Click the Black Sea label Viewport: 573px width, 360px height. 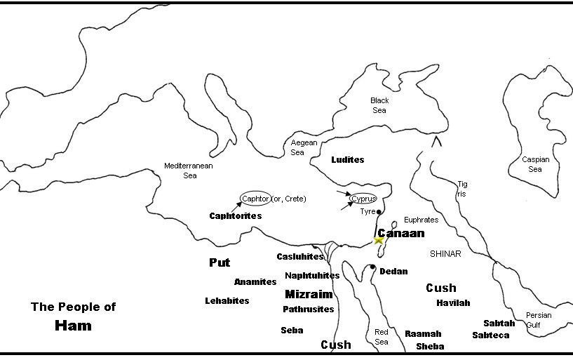click(379, 105)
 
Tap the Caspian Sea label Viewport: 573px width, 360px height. click(535, 164)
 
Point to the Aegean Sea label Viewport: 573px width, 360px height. click(298, 147)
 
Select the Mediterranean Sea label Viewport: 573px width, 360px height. click(189, 171)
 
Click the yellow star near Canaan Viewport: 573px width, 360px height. click(379, 240)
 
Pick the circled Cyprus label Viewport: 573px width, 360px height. click(363, 199)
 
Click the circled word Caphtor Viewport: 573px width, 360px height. click(255, 199)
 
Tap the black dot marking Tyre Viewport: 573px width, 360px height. click(379, 211)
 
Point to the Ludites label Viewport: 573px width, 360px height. click(348, 160)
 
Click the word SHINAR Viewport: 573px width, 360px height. click(446, 254)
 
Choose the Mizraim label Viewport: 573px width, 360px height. click(309, 295)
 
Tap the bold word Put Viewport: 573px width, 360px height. click(220, 262)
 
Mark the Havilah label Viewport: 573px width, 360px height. click(453, 303)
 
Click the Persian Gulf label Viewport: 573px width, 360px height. click(539, 320)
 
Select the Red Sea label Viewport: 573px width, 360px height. click(382, 337)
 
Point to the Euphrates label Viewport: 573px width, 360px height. click(422, 220)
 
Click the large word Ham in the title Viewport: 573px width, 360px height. click(74, 326)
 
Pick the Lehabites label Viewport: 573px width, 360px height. click(227, 300)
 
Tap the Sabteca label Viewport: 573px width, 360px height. click(491, 335)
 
